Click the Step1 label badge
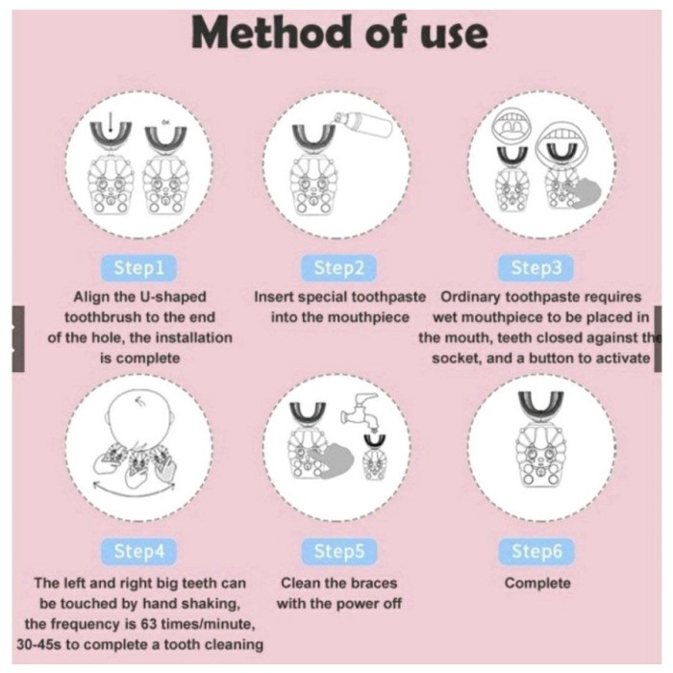pos(138,268)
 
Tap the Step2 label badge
pos(338,268)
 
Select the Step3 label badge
pos(536,268)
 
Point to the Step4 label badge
pos(138,552)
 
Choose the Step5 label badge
pos(338,552)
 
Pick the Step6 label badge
pos(536,552)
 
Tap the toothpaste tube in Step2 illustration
pos(363,124)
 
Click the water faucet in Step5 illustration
pos(361,411)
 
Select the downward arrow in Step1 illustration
pos(112,123)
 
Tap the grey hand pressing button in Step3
pos(582,194)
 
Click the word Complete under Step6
pos(537,583)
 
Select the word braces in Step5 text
pos(371,583)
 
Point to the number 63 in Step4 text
pos(148,624)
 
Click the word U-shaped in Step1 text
pos(173,297)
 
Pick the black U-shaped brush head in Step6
pos(540,408)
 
